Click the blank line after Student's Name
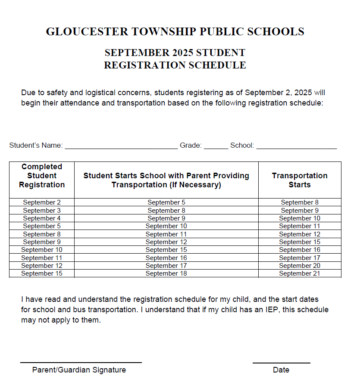click(121, 147)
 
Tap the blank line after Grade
click(216, 147)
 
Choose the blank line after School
click(296, 147)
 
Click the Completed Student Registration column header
click(42, 176)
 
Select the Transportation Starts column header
click(300, 180)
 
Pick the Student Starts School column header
click(166, 180)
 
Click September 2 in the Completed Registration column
click(42, 202)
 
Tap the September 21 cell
click(300, 273)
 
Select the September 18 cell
click(166, 273)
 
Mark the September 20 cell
click(300, 266)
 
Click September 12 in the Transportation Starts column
click(300, 234)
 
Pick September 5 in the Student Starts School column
click(166, 202)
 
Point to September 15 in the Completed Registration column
click(42, 273)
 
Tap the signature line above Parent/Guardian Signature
click(81, 362)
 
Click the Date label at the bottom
click(281, 370)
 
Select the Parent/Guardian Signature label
click(79, 370)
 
